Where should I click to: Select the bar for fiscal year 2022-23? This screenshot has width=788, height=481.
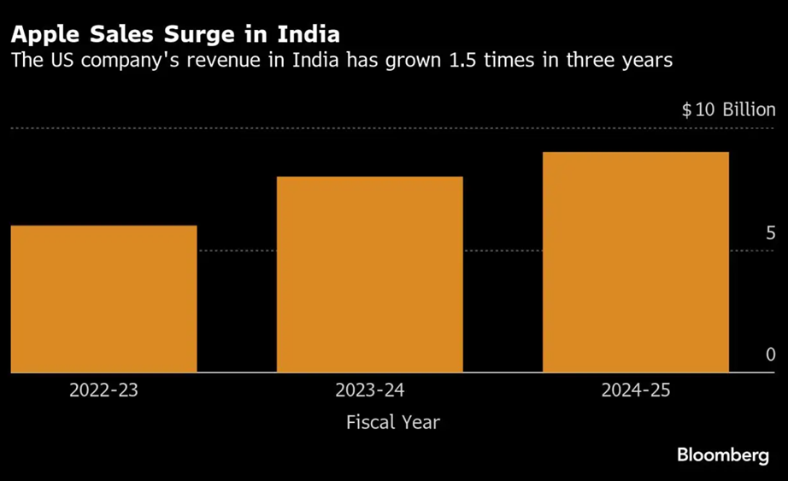tap(103, 299)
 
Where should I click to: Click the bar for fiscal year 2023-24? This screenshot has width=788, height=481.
tap(369, 274)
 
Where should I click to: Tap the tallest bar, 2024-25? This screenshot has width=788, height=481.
tap(635, 262)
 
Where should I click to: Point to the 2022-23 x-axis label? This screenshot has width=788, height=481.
tap(103, 391)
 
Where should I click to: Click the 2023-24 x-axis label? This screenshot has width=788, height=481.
tap(370, 391)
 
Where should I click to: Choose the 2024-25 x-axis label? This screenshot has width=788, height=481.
tap(636, 391)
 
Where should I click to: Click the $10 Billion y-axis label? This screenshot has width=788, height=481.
tap(728, 110)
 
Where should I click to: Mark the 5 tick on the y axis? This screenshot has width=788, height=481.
tap(770, 233)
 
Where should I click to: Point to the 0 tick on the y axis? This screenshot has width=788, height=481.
tap(770, 355)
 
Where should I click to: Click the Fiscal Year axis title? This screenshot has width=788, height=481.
tap(393, 422)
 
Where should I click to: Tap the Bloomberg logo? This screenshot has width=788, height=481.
tap(723, 456)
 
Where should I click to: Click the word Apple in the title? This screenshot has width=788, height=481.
tap(42, 35)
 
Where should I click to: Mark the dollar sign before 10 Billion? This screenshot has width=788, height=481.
tap(686, 110)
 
